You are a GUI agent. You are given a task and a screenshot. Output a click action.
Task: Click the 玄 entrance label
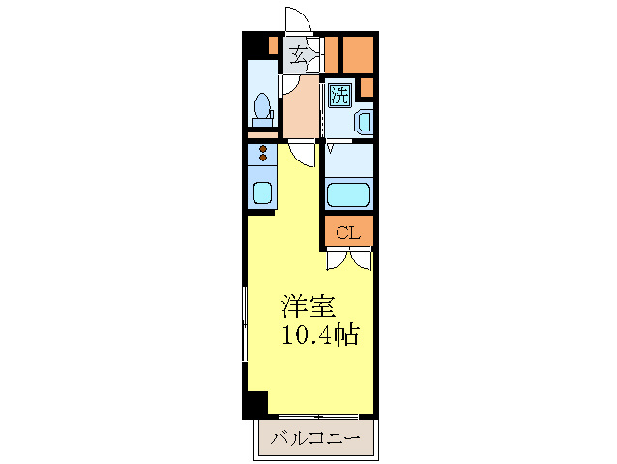point(300,55)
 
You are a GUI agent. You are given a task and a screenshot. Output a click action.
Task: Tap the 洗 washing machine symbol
point(338,94)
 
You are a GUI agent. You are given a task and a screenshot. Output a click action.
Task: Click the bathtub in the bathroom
point(348,195)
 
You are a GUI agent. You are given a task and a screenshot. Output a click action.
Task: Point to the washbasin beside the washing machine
point(362,122)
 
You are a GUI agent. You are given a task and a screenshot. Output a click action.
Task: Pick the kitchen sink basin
point(262,192)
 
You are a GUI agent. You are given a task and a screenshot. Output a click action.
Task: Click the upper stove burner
point(262,149)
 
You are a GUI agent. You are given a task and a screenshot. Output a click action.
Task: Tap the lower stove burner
point(262,159)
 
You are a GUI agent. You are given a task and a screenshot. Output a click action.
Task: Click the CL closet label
point(348,232)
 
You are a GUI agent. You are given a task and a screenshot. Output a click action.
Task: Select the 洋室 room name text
point(308,307)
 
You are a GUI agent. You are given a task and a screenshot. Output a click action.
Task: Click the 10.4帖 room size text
point(321,336)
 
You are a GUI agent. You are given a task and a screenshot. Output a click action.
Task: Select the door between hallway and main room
point(306,154)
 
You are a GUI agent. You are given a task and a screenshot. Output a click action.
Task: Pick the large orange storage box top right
point(359,54)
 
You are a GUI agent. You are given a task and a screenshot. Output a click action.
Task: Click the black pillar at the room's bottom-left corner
point(254,404)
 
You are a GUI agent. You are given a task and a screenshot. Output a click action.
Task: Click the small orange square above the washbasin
point(367,88)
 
